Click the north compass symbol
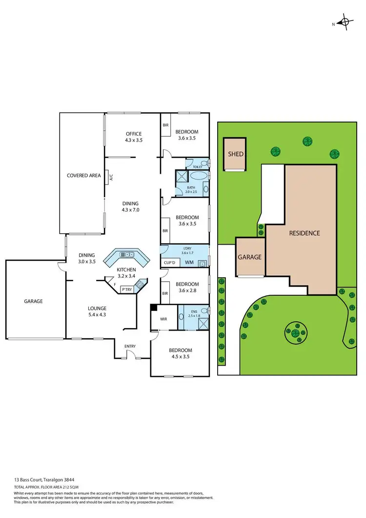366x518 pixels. [x=346, y=22]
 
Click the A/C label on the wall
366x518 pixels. [x=111, y=177]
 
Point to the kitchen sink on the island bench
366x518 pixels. [x=128, y=254]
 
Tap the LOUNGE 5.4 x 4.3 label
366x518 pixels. [x=97, y=311]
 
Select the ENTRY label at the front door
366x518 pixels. [x=130, y=346]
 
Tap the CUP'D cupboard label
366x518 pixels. [x=170, y=263]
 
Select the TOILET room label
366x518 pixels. [x=197, y=167]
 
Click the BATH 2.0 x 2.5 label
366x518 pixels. [x=191, y=189]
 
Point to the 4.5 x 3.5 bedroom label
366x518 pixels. [x=181, y=353]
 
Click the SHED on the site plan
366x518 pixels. [x=236, y=154]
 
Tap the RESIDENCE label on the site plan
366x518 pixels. [x=304, y=233]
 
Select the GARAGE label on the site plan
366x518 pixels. [x=249, y=257]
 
